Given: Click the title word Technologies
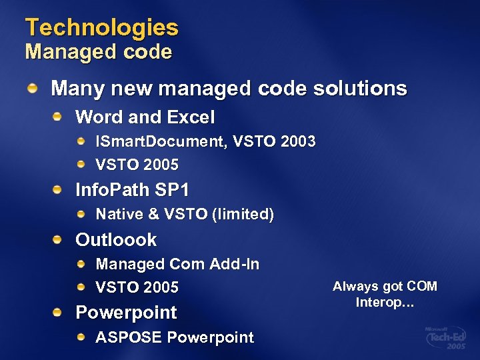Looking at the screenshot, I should click(102, 27).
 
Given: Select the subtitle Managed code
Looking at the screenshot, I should click(99, 52).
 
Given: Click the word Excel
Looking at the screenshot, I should click(191, 118).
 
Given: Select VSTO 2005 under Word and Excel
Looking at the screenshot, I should click(137, 165).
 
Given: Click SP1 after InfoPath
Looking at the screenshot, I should click(172, 191).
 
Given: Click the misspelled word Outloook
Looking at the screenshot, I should click(116, 240).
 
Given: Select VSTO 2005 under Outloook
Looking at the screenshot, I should click(137, 288).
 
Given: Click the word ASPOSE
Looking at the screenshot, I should click(129, 337).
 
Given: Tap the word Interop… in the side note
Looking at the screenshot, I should click(385, 302).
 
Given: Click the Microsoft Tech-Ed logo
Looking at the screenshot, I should click(445, 339).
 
